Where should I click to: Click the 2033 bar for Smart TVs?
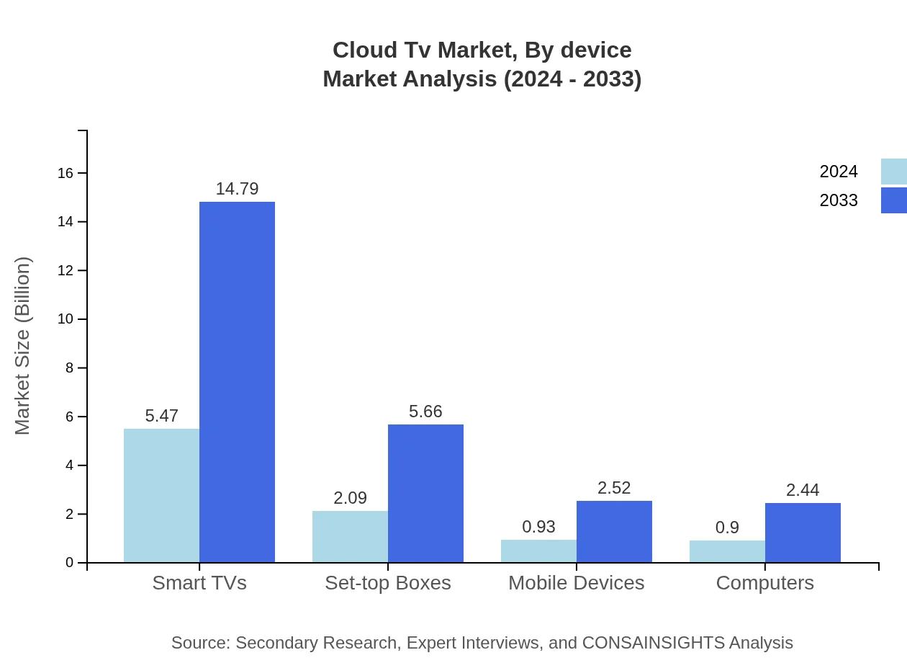pyautogui.click(x=237, y=382)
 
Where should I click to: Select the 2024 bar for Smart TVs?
pyautogui.click(x=161, y=496)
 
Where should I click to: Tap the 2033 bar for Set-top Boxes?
pyautogui.click(x=425, y=494)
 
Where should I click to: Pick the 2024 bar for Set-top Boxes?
pyautogui.click(x=350, y=537)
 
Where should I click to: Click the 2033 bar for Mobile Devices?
pyautogui.click(x=614, y=532)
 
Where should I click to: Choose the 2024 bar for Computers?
pyautogui.click(x=727, y=551)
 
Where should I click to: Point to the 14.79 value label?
pyautogui.click(x=237, y=189)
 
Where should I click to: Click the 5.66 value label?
pyautogui.click(x=425, y=411)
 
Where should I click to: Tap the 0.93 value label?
pyautogui.click(x=538, y=527)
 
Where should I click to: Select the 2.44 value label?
pyautogui.click(x=803, y=490)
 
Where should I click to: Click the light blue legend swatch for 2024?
pyautogui.click(x=893, y=172)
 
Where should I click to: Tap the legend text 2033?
pyautogui.click(x=839, y=200)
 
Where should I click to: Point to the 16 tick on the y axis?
pyautogui.click(x=66, y=173)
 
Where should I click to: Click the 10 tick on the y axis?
pyautogui.click(x=66, y=319)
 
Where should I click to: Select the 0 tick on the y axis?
pyautogui.click(x=70, y=563)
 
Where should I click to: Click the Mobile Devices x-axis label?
pyautogui.click(x=576, y=583)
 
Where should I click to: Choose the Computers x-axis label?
pyautogui.click(x=764, y=583)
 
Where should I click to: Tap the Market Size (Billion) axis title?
pyautogui.click(x=23, y=346)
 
